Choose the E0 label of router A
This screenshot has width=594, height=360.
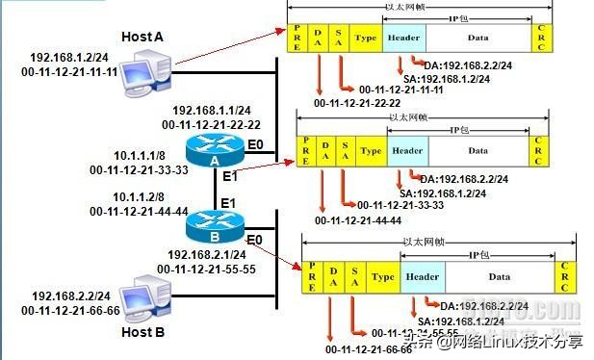(255, 145)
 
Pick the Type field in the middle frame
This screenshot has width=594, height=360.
(371, 150)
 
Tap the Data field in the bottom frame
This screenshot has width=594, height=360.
(499, 276)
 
